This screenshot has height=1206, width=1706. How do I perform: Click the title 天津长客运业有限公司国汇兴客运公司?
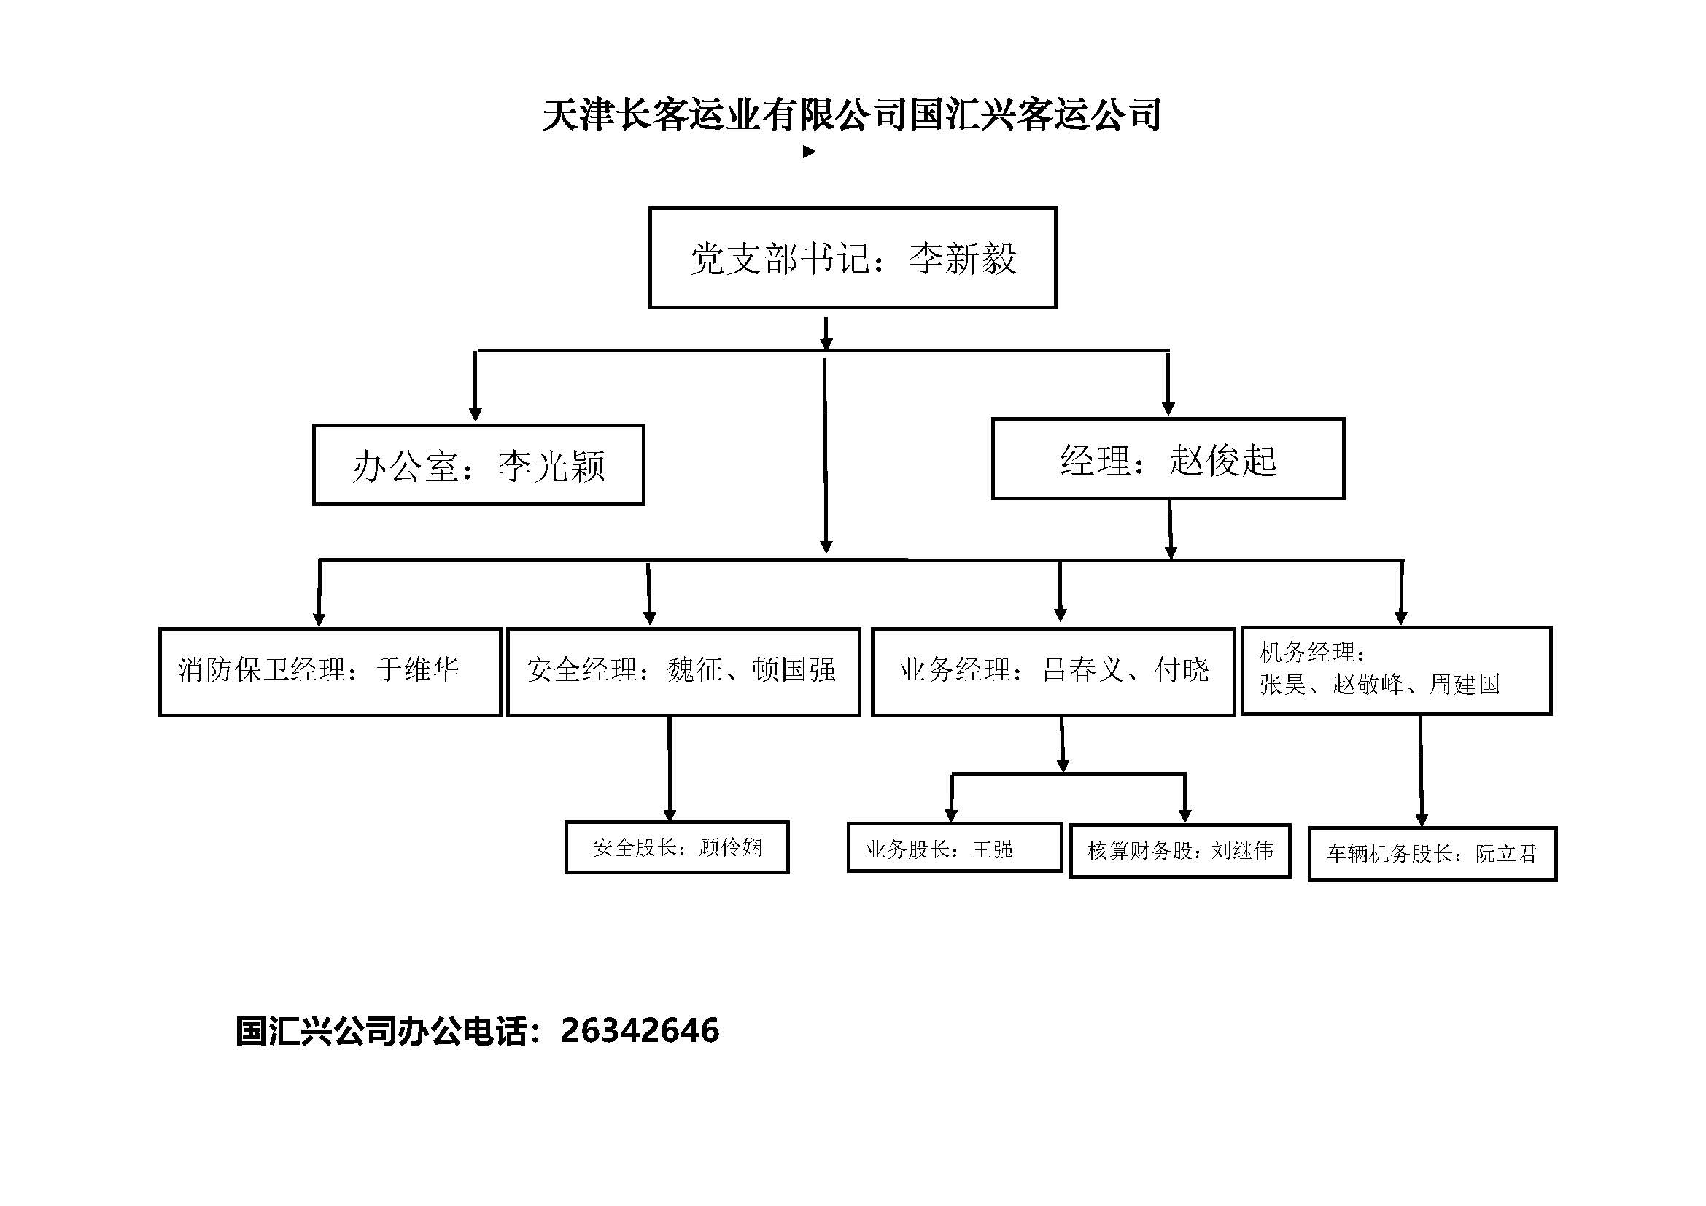coord(852,114)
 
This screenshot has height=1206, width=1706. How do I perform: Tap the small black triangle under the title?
coord(809,152)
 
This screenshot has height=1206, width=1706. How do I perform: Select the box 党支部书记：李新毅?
coord(852,257)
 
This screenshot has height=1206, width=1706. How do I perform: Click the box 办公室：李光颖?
coord(478,465)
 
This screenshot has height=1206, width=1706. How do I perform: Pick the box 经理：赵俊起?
coord(1168,459)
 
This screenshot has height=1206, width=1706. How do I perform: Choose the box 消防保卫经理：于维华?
coord(330,672)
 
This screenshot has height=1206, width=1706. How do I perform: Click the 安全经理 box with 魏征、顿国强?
coord(683,672)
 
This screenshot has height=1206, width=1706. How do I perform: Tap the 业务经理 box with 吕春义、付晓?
coord(1054,672)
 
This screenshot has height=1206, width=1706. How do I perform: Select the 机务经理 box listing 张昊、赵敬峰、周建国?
coord(1397,671)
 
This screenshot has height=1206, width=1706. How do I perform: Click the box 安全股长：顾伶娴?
coord(677,847)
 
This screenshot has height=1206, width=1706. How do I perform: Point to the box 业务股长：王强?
coord(955,847)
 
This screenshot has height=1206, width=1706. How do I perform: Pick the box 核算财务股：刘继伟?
coord(1180,850)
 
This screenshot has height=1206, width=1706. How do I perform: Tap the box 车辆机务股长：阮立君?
coord(1432,854)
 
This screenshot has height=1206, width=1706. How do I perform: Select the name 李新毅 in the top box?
coord(963,259)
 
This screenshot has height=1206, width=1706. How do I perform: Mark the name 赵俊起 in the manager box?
coord(1222,460)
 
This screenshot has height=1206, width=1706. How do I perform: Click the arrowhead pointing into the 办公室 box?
coord(476,414)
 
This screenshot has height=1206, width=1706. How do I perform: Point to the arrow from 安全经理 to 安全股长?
coord(670,769)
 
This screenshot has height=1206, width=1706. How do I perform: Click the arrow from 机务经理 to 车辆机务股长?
coord(1421,771)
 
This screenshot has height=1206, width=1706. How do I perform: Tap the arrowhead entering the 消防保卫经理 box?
coord(319,619)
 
